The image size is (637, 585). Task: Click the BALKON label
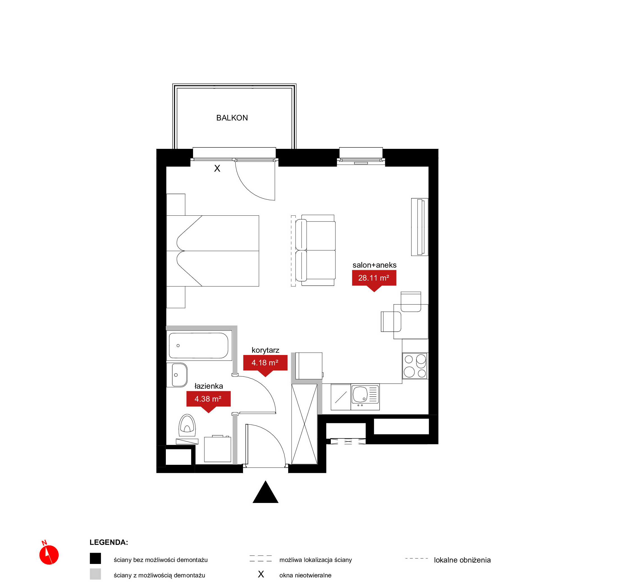coord(232,118)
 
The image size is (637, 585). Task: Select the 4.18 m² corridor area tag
coord(265,364)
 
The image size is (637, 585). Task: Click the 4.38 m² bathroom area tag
coord(208,400)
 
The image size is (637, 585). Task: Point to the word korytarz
coord(265,350)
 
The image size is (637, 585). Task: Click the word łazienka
coord(208,386)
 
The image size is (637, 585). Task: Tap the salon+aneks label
coord(374,265)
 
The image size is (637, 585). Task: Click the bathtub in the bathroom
coord(199,346)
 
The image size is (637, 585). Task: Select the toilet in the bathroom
coord(187,426)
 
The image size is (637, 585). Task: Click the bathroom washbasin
coord(177,375)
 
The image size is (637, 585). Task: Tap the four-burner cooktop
coord(415,366)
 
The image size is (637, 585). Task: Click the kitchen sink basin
coord(360,394)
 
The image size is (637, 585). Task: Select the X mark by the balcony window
coord(217,168)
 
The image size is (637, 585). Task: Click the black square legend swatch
coord(95,558)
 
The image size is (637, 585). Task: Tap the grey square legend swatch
coord(95,574)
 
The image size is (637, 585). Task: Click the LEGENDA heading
coord(109,542)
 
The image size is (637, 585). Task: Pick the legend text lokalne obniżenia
coord(462,560)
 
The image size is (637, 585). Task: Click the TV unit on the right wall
coord(420,227)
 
